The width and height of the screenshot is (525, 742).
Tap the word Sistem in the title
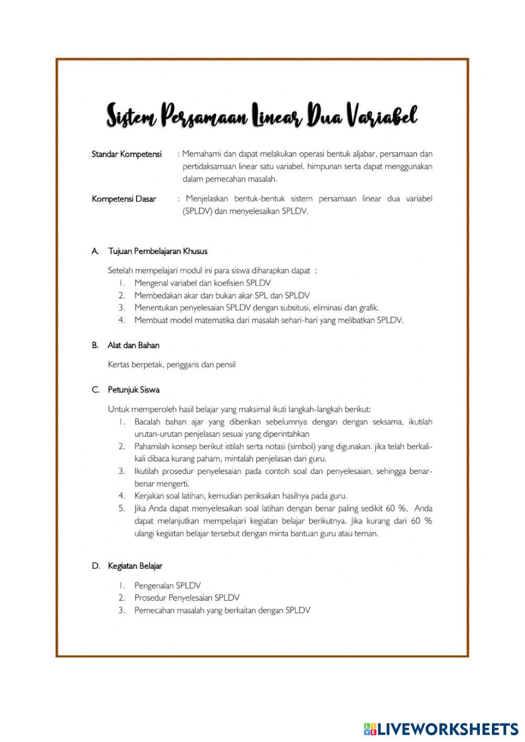point(131,116)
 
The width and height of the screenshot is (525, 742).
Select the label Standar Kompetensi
point(127,154)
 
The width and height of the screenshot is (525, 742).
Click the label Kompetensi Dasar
point(124,199)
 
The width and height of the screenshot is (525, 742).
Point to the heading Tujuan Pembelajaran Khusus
point(157,251)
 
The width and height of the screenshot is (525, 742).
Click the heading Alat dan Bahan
point(133,345)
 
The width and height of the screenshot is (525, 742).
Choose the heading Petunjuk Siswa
point(133,390)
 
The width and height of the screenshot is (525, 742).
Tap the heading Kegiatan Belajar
point(135,566)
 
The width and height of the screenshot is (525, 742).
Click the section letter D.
point(96,566)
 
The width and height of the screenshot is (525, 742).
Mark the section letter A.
point(95,251)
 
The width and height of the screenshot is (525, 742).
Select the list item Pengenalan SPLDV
point(167,585)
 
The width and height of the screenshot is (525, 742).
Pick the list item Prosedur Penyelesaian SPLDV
point(186,598)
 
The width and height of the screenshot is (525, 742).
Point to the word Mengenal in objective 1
point(151,283)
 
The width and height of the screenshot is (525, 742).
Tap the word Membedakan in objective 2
point(157,295)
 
